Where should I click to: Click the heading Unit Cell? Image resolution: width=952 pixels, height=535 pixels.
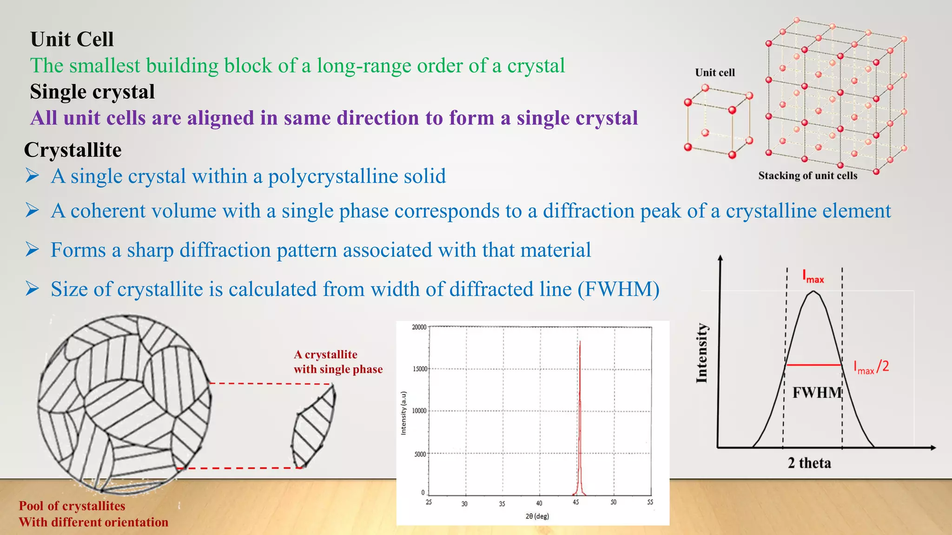pos(72,39)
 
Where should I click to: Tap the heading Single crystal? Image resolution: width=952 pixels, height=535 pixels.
pos(92,92)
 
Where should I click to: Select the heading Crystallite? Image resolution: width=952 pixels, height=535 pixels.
pos(73,150)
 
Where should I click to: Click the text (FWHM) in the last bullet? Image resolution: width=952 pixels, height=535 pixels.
pos(618,289)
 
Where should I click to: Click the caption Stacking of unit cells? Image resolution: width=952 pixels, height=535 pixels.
pos(807,176)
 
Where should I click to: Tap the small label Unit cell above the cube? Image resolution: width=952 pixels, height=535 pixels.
pos(714,72)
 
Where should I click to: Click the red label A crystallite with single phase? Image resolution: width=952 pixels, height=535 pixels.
pos(337,362)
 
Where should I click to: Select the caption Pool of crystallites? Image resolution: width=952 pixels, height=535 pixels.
pos(72,506)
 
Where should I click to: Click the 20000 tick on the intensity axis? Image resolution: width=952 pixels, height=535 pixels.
pos(419,327)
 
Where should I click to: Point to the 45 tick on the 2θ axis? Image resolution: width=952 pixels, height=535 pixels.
pos(576,502)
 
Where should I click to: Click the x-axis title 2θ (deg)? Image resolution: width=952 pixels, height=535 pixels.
pos(537,516)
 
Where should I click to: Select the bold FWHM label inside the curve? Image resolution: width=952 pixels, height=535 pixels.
pos(817,393)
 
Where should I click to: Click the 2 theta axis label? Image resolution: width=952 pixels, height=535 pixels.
pos(809,463)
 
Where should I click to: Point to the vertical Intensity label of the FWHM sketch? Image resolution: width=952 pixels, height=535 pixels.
pos(701,353)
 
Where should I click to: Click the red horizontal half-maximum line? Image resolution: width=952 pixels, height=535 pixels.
pos(813,365)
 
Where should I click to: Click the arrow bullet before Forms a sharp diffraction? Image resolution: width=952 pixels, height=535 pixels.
pos(32,250)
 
